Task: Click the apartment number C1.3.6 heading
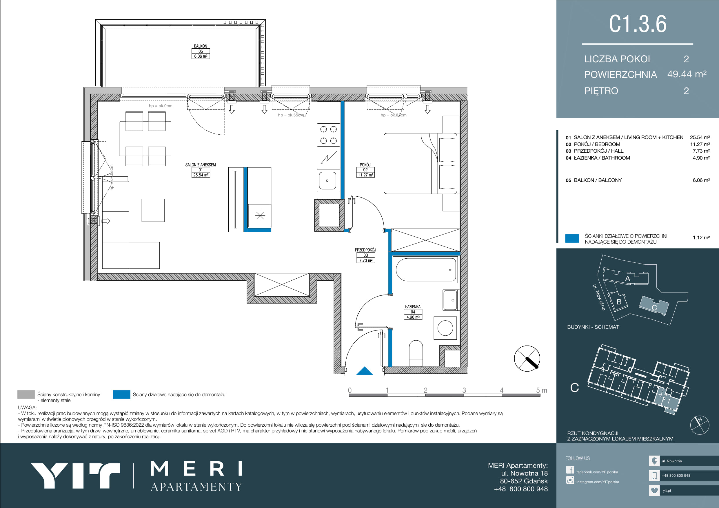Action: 638,24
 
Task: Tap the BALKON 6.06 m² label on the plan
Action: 201,51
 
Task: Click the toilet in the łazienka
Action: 416,353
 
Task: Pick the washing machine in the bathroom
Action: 445,328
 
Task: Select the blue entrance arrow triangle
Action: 365,371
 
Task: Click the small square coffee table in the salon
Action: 153,210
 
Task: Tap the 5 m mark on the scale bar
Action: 542,390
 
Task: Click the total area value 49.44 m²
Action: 687,74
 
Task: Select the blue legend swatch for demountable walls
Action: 121,394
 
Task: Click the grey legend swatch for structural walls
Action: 26,394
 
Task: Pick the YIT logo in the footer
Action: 75,476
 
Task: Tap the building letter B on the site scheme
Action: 619,302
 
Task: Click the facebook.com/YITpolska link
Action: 597,472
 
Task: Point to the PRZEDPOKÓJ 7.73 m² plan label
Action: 365,255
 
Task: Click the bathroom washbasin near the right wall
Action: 450,300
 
